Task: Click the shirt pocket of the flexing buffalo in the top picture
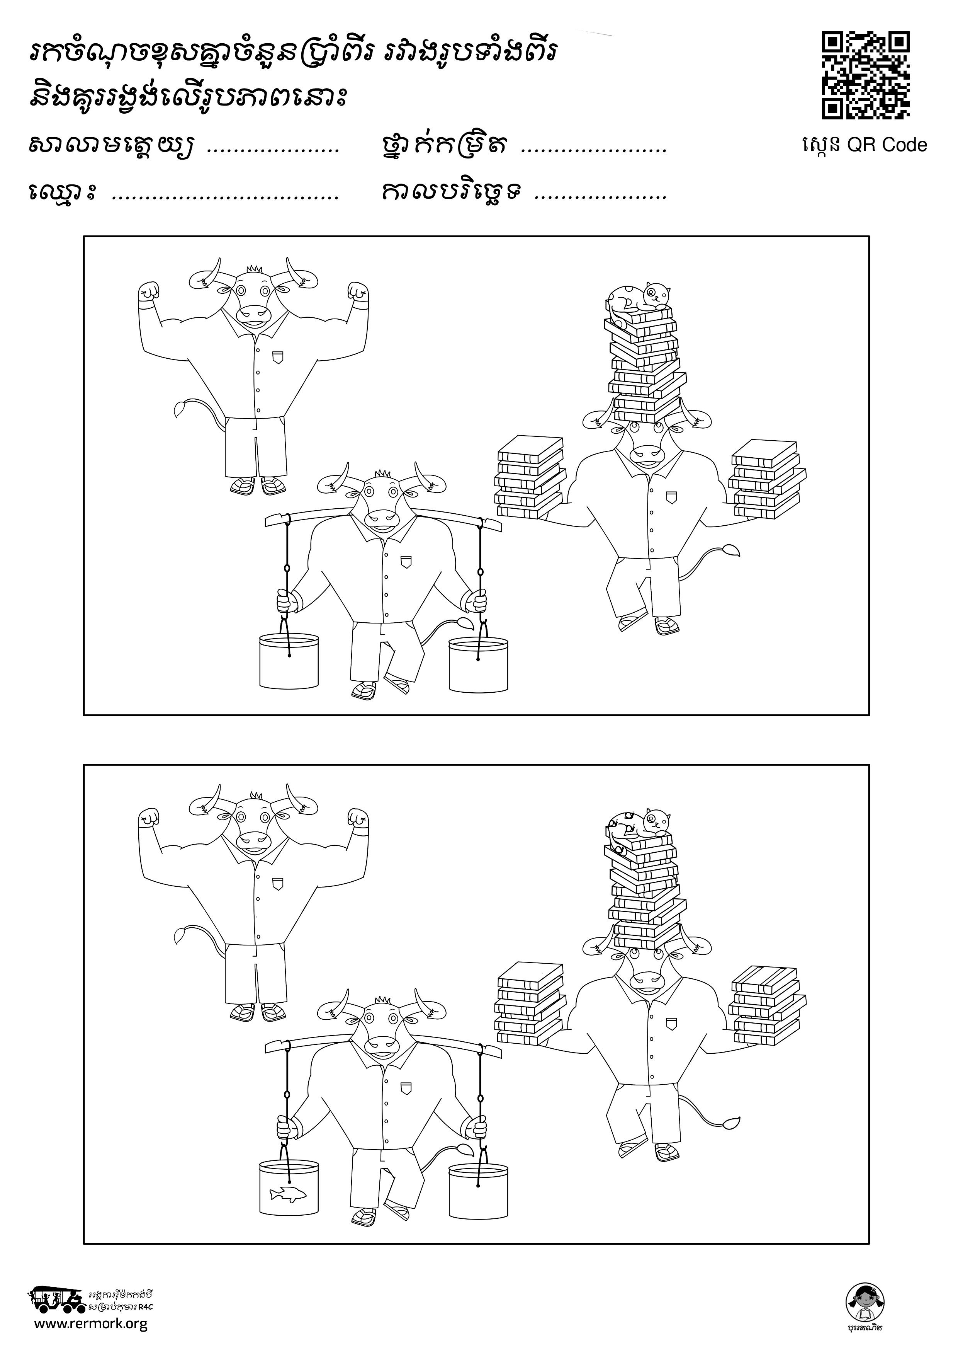(x=277, y=357)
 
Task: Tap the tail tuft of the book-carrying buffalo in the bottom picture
(x=730, y=1121)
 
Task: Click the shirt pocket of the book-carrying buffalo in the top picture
(x=669, y=497)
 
